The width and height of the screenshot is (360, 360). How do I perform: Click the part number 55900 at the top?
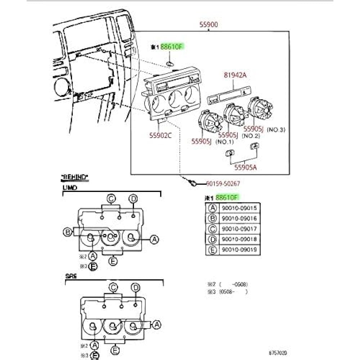coord(209,25)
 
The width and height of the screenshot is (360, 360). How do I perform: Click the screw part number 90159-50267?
coord(223,184)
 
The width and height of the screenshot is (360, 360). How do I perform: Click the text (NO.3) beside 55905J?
coord(275,130)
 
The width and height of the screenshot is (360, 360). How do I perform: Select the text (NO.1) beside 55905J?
coord(224,142)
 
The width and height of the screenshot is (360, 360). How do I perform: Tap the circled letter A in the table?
coord(212,208)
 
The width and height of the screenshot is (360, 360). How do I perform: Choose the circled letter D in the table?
coord(212,239)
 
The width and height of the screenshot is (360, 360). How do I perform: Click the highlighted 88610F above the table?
coord(227,197)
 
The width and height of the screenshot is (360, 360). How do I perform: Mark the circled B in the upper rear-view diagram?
coord(68,232)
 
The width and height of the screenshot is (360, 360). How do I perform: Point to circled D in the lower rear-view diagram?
coord(136,287)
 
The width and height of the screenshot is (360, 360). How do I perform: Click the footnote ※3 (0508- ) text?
coord(227,292)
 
